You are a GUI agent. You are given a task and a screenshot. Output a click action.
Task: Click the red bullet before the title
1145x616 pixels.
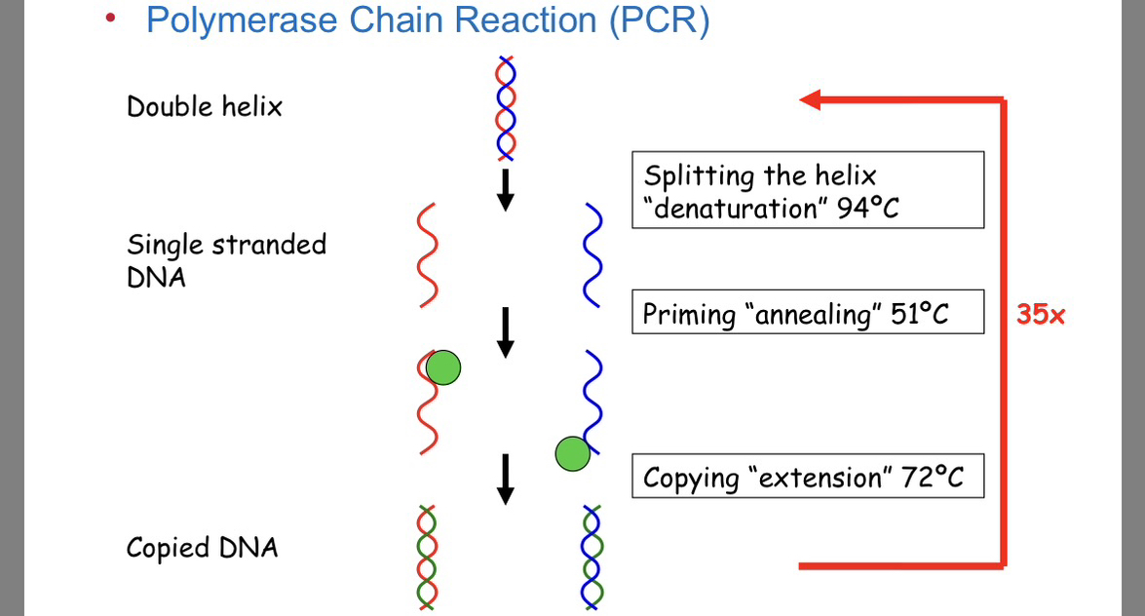(110, 18)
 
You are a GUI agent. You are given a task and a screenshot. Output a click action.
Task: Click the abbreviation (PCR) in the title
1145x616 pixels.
(660, 19)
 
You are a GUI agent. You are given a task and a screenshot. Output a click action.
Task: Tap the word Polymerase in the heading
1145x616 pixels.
(242, 19)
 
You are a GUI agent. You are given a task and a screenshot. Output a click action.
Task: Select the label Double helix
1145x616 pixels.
(205, 106)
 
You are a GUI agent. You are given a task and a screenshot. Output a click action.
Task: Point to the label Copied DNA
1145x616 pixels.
(203, 548)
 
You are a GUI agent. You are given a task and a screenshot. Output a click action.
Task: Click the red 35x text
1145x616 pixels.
(1041, 315)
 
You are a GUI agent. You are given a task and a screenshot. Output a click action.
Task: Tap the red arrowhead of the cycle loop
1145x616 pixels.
(810, 99)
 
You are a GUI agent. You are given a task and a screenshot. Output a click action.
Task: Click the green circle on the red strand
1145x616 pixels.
(443, 367)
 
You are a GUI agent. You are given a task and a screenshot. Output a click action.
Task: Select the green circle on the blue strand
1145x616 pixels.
(573, 454)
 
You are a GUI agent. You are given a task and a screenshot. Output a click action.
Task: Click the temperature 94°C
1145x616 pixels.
(867, 209)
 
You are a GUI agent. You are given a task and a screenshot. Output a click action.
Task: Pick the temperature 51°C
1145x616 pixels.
(919, 314)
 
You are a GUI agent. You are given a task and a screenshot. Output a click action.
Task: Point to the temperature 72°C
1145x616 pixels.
(933, 478)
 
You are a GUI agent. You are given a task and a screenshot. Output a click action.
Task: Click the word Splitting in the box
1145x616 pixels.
(699, 176)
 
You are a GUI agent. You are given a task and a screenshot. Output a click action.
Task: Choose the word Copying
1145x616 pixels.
(692, 480)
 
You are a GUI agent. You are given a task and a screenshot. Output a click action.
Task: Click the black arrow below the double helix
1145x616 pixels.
(506, 191)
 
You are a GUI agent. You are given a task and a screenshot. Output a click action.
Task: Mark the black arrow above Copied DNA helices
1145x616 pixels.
(506, 480)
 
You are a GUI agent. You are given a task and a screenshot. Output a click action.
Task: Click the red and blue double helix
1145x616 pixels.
(506, 108)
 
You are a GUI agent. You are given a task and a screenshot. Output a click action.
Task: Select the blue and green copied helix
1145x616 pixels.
(592, 557)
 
